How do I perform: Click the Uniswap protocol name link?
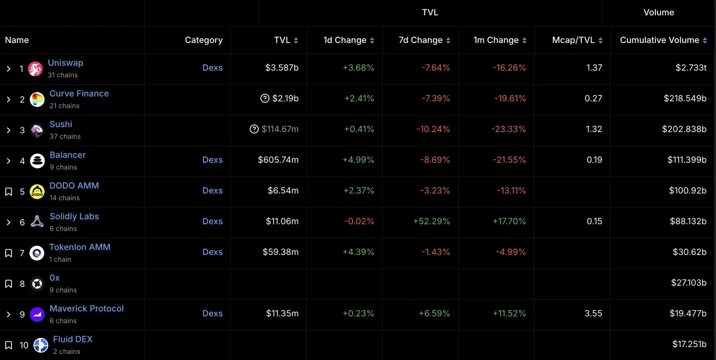coord(65,63)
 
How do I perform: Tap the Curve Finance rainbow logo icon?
coord(37,100)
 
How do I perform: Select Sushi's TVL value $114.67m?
coord(280,129)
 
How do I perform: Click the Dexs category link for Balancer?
coord(212,160)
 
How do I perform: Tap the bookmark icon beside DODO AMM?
coord(9,192)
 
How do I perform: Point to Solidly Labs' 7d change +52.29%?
coord(431,221)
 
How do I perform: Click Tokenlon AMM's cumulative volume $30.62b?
coord(689,252)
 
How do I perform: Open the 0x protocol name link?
coord(55,278)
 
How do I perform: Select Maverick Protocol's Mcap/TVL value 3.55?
coord(593,314)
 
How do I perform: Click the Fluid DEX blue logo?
coord(41,345)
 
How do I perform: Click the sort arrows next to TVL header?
coord(296,41)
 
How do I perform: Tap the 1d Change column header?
coord(345,40)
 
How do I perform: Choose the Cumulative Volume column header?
coord(659,40)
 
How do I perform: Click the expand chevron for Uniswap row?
coord(9,69)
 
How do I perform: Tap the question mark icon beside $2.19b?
coord(265,99)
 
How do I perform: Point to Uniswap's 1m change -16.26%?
coord(509,68)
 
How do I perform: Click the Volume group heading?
coord(658,13)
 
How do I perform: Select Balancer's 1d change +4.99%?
coord(358,160)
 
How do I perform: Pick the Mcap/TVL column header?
coord(573,40)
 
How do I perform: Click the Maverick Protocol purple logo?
coord(37,314)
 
